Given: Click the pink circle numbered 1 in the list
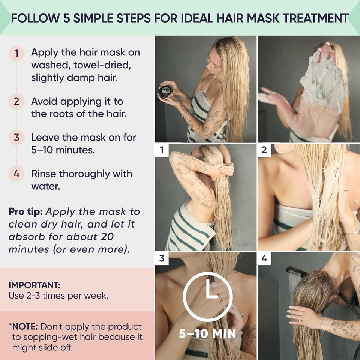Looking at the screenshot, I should pos(16,53).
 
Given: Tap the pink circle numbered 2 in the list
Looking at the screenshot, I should pos(16,102).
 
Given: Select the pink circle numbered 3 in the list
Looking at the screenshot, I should pos(16,138).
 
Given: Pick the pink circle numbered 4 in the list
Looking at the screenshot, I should pos(16,174).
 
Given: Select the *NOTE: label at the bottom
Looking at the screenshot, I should pos(23,327).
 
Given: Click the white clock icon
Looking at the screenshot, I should pos(207,296).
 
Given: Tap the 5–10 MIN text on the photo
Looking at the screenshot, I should pos(207,333).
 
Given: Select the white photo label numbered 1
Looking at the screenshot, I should pos(162,150).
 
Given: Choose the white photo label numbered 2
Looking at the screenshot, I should pos(264,150).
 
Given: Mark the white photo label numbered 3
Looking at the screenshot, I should pos(162,258).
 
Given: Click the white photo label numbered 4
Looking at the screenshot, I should pos(264,258).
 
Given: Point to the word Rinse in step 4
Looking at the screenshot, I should pos(44,174).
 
